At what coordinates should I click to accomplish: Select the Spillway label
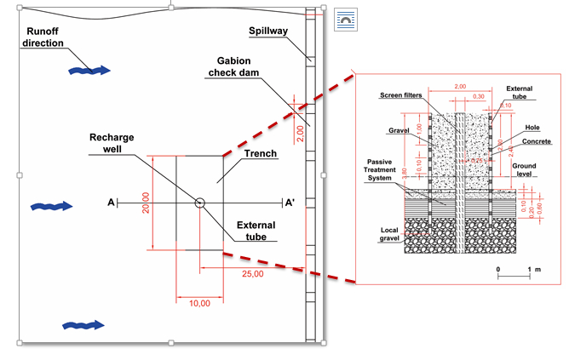click(268, 31)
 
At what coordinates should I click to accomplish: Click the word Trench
click(260, 154)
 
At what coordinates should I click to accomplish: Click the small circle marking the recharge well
click(200, 203)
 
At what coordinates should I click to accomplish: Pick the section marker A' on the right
click(290, 203)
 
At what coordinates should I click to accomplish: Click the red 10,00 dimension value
click(199, 304)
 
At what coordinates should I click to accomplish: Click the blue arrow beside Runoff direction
click(89, 70)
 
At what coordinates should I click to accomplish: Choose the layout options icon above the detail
click(345, 19)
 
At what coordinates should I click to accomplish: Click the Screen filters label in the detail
click(401, 94)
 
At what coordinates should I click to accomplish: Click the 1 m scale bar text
click(534, 269)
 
